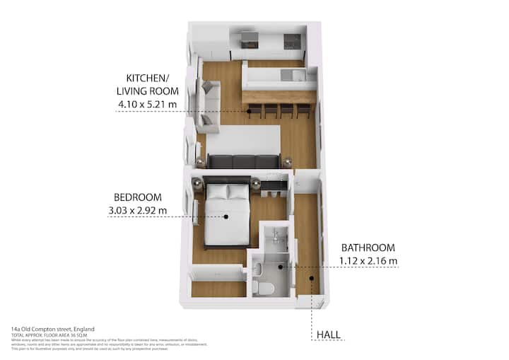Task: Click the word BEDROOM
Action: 138,197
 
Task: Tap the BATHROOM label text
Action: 368,248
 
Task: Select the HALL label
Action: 327,335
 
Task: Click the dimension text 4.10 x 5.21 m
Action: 148,105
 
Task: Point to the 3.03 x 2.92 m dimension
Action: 138,210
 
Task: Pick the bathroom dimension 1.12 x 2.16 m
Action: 369,260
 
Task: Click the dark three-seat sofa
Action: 243,161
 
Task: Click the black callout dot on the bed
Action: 226,216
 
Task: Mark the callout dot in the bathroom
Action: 281,267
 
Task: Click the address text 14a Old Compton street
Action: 52,329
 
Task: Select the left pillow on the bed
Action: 216,191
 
